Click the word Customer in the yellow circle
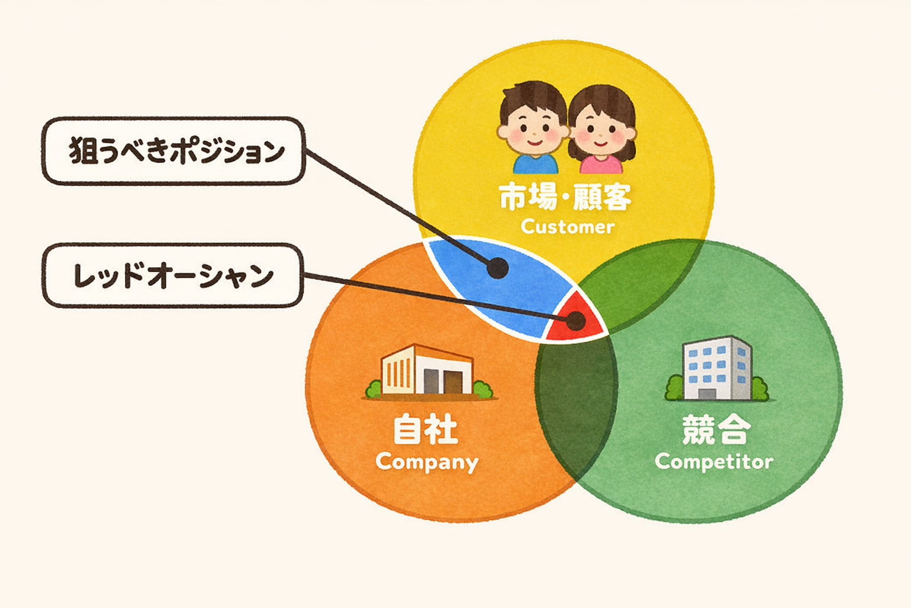567,227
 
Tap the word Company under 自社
426,462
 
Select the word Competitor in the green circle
713,462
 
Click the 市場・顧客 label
565,197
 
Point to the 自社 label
425,429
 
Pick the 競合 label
716,429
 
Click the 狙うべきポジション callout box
173,151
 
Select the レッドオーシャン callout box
173,275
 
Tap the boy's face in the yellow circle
532,126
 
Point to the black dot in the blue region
498,268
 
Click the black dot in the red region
575,321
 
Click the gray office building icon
716,369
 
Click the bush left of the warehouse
374,389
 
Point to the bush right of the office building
759,389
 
